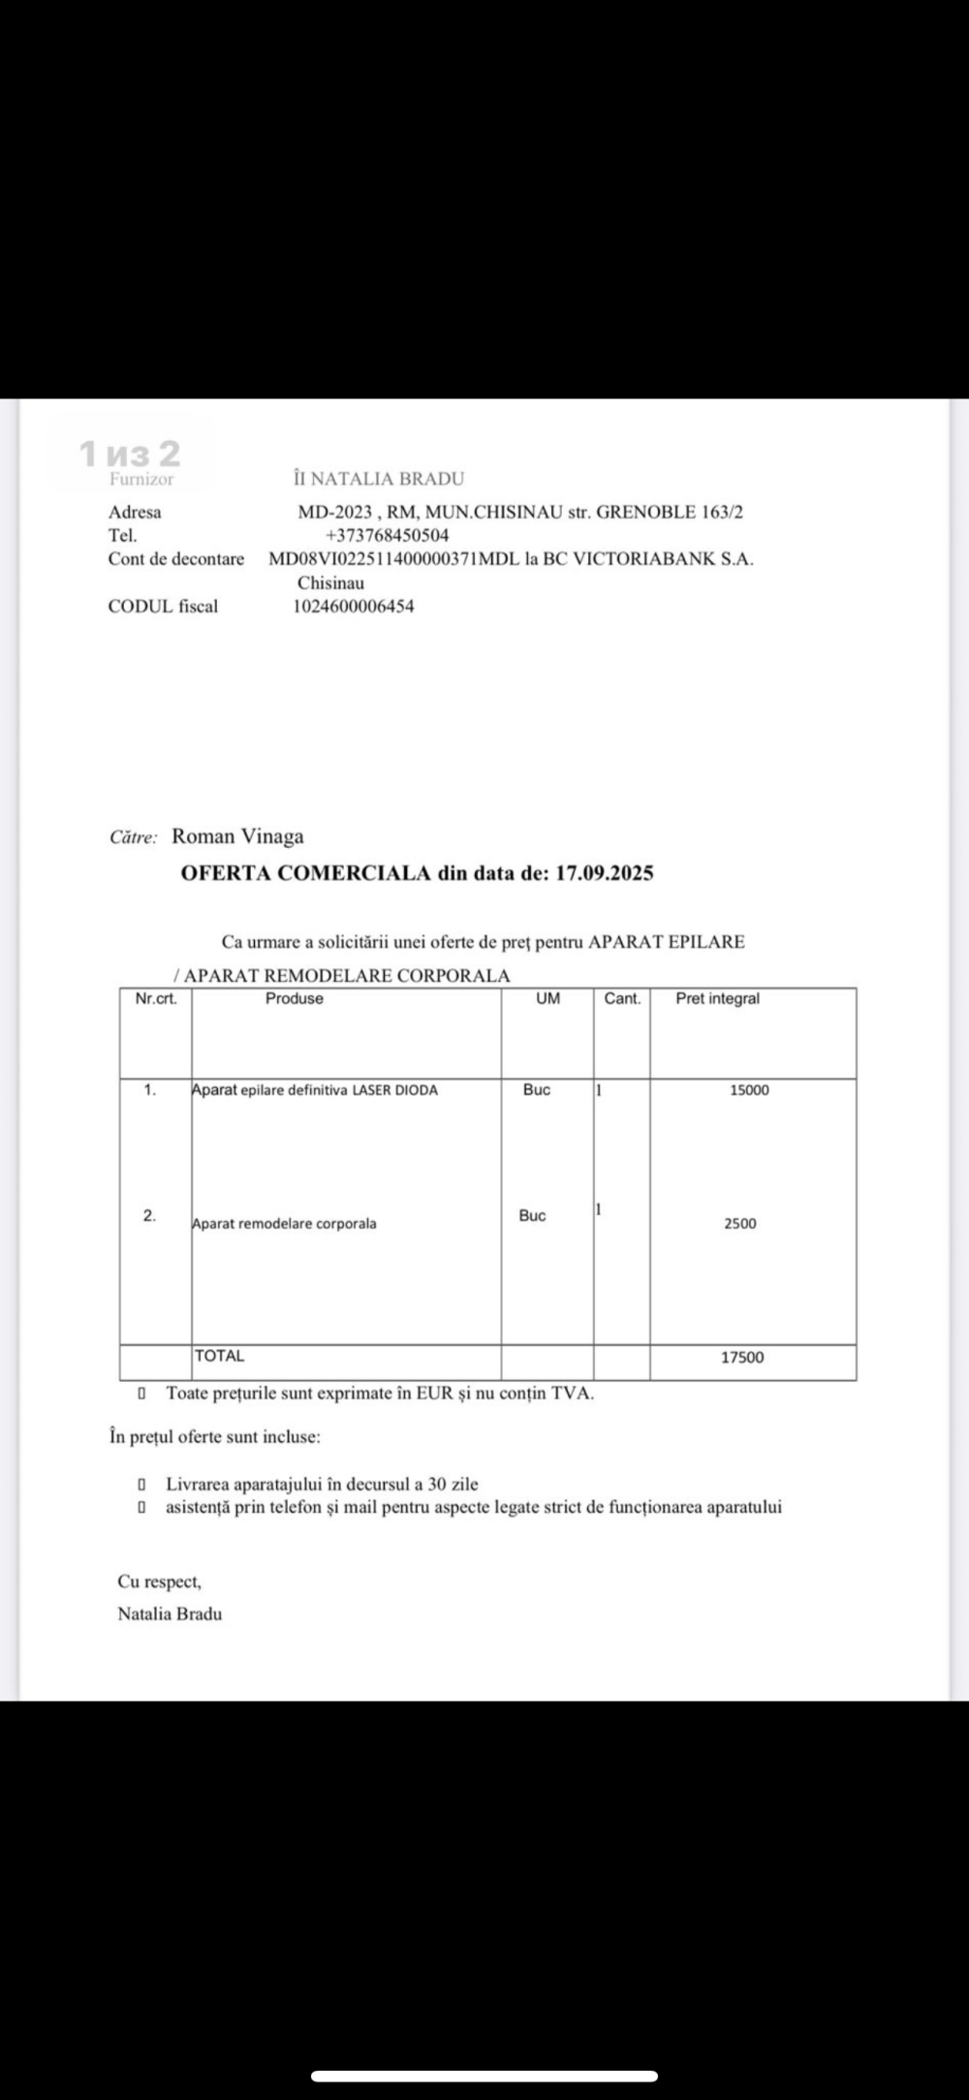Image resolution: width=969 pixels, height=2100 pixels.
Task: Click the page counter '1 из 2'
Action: tap(130, 453)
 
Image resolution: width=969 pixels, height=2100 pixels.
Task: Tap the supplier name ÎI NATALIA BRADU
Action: tap(379, 479)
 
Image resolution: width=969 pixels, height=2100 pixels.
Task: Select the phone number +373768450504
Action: tap(387, 535)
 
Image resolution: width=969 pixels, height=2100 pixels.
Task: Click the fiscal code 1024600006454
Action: tap(354, 607)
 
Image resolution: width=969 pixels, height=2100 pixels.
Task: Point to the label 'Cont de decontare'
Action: tap(176, 559)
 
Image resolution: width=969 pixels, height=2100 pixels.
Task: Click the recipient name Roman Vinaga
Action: tap(237, 836)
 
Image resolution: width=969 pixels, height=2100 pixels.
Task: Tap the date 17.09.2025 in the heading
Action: tap(604, 873)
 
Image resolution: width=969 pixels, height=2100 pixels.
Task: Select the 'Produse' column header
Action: tap(295, 999)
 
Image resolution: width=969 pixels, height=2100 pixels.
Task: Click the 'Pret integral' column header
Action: tap(717, 999)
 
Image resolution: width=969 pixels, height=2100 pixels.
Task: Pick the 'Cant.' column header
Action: tap(622, 999)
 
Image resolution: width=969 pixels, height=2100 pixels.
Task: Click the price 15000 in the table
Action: tap(749, 1090)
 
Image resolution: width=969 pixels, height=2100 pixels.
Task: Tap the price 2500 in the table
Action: tap(740, 1224)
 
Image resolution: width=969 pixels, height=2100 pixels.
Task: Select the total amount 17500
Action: tap(742, 1358)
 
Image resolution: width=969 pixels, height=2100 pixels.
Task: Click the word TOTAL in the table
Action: tap(220, 1357)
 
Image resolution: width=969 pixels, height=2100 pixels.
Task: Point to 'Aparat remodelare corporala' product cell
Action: tap(285, 1224)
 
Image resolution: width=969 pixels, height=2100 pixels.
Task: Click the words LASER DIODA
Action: tap(394, 1090)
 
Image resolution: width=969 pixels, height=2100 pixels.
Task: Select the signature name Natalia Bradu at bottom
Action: tap(170, 1614)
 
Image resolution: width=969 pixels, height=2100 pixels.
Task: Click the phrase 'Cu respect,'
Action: tap(160, 1582)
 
